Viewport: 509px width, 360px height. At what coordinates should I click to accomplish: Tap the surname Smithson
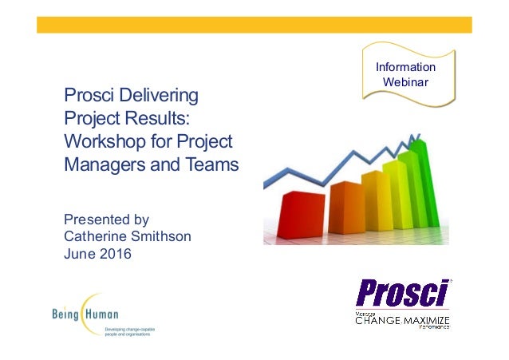164,236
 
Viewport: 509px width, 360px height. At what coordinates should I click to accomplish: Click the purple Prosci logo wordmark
402,292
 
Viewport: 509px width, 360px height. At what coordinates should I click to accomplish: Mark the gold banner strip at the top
254,24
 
